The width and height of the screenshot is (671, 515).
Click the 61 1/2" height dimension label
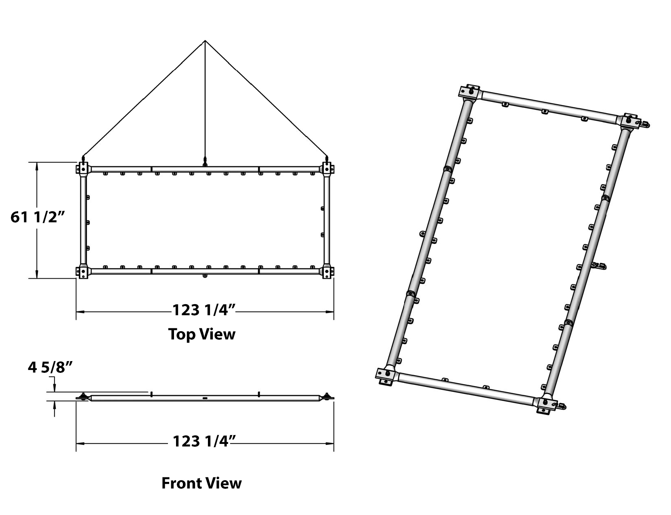[x=38, y=217]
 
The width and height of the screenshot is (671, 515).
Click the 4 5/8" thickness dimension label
[x=50, y=367]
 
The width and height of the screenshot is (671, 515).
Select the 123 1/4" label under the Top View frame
[x=204, y=310]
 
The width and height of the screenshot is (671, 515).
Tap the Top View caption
[x=201, y=334]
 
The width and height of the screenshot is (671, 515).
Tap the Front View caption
[x=201, y=483]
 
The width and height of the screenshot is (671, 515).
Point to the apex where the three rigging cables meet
[x=205, y=40]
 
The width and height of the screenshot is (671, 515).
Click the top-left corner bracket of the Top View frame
[x=82, y=169]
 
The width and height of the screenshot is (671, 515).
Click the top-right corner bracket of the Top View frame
[x=327, y=169]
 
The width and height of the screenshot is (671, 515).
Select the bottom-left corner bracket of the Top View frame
[x=82, y=271]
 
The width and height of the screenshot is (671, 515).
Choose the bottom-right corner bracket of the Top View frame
[x=327, y=271]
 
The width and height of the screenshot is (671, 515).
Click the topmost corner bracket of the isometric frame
[x=469, y=92]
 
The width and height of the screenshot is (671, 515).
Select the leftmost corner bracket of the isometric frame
[x=386, y=376]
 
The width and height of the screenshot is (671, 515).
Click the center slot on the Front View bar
[x=205, y=399]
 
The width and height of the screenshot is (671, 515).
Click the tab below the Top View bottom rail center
[x=205, y=275]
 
